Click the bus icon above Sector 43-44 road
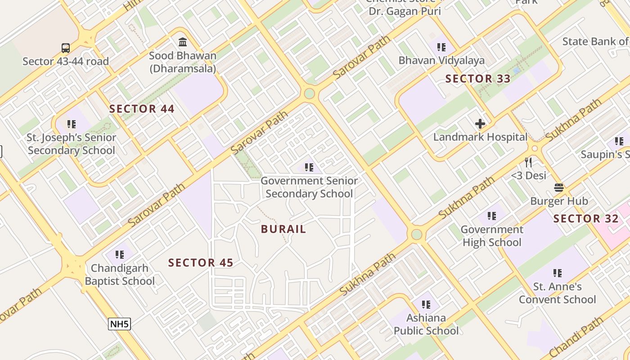coord(66,48)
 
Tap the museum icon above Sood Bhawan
coord(183,42)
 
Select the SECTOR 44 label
coord(142,109)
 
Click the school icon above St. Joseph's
coord(72,124)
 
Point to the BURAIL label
coord(283,229)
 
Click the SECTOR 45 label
coord(201,263)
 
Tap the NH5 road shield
coord(119,324)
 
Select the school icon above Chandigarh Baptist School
coord(119,255)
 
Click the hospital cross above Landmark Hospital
coord(480,123)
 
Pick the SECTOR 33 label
coord(478,79)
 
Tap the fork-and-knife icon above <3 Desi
coord(528,162)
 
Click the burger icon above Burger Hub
coord(559,187)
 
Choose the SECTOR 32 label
coord(586,219)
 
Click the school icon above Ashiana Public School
coord(426,305)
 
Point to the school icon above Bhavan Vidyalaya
coord(441,47)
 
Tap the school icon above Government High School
coord(492,216)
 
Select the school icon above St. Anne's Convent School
coord(558,273)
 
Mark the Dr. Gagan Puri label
coord(405,11)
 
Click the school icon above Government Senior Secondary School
coord(309,167)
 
